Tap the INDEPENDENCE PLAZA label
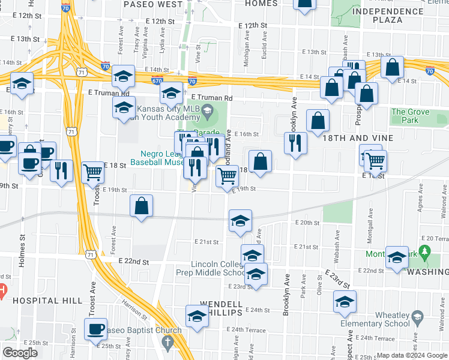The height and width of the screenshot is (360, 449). (386, 16)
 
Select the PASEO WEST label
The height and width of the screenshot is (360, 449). (152, 4)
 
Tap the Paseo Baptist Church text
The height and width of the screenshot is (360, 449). (142, 331)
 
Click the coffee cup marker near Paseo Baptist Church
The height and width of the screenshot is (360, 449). (95, 329)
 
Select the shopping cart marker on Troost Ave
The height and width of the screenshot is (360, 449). (93, 172)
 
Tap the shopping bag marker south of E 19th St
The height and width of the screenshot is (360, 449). (141, 206)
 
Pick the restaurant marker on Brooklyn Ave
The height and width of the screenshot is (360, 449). (295, 142)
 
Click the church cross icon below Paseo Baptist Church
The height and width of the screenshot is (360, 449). (167, 343)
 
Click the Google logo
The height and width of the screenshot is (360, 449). (20, 353)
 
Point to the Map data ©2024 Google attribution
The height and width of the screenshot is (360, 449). (411, 355)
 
